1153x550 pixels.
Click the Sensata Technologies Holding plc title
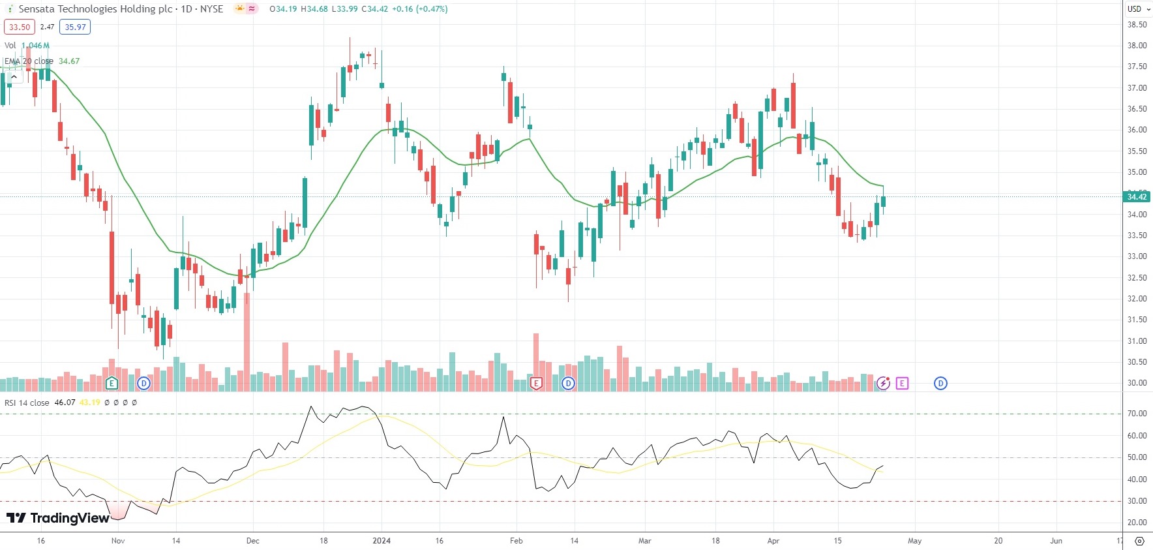coord(95,9)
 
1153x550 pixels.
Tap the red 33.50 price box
coord(20,27)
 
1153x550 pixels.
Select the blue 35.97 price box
coord(75,27)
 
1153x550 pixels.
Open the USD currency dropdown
coord(1139,9)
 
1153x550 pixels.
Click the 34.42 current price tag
coord(1137,196)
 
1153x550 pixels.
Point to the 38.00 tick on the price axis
coord(1137,46)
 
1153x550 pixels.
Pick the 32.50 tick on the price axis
coord(1137,278)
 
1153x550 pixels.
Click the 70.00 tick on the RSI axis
coord(1137,414)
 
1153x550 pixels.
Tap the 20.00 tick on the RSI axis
coord(1137,523)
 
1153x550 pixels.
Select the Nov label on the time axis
coord(118,541)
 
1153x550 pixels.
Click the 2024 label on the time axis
coord(382,541)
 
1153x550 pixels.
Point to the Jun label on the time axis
coord(1056,541)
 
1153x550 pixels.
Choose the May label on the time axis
coord(915,541)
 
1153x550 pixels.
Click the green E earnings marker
coord(112,383)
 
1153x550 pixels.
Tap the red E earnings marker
coord(536,383)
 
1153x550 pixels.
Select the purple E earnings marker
coord(902,383)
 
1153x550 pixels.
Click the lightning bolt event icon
coord(884,383)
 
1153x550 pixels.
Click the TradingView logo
coord(58,518)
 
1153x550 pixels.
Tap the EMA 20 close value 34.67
coord(69,61)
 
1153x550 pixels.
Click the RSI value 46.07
coord(65,403)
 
